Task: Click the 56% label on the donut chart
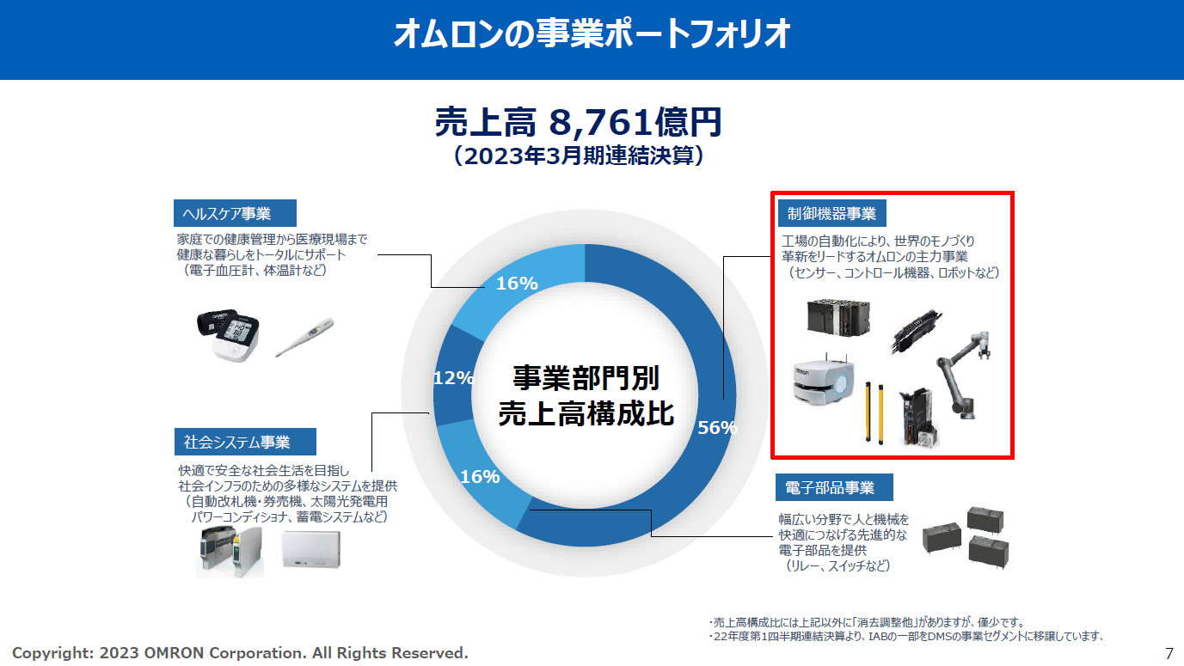coord(717,428)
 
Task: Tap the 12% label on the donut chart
coord(453,377)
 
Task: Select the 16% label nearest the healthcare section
coord(517,283)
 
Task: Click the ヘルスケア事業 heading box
coord(234,213)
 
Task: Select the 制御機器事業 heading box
coord(831,213)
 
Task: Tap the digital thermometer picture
coord(304,338)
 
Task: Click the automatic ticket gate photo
coord(229,552)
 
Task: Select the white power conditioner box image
coord(310,550)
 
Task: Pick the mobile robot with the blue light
coord(823,385)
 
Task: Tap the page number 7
coord(1169,652)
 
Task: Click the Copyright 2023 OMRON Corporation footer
coord(240,653)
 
